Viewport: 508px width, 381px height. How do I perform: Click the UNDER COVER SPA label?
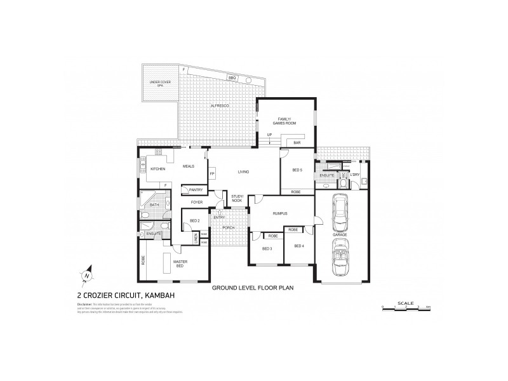click(x=157, y=84)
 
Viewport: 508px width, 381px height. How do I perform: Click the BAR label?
click(x=297, y=144)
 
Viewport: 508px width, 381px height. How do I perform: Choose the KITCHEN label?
click(x=158, y=169)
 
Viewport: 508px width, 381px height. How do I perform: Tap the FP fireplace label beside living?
click(x=211, y=173)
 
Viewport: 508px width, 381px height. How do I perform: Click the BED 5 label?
click(x=297, y=170)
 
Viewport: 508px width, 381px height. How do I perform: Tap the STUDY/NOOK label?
click(x=237, y=198)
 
